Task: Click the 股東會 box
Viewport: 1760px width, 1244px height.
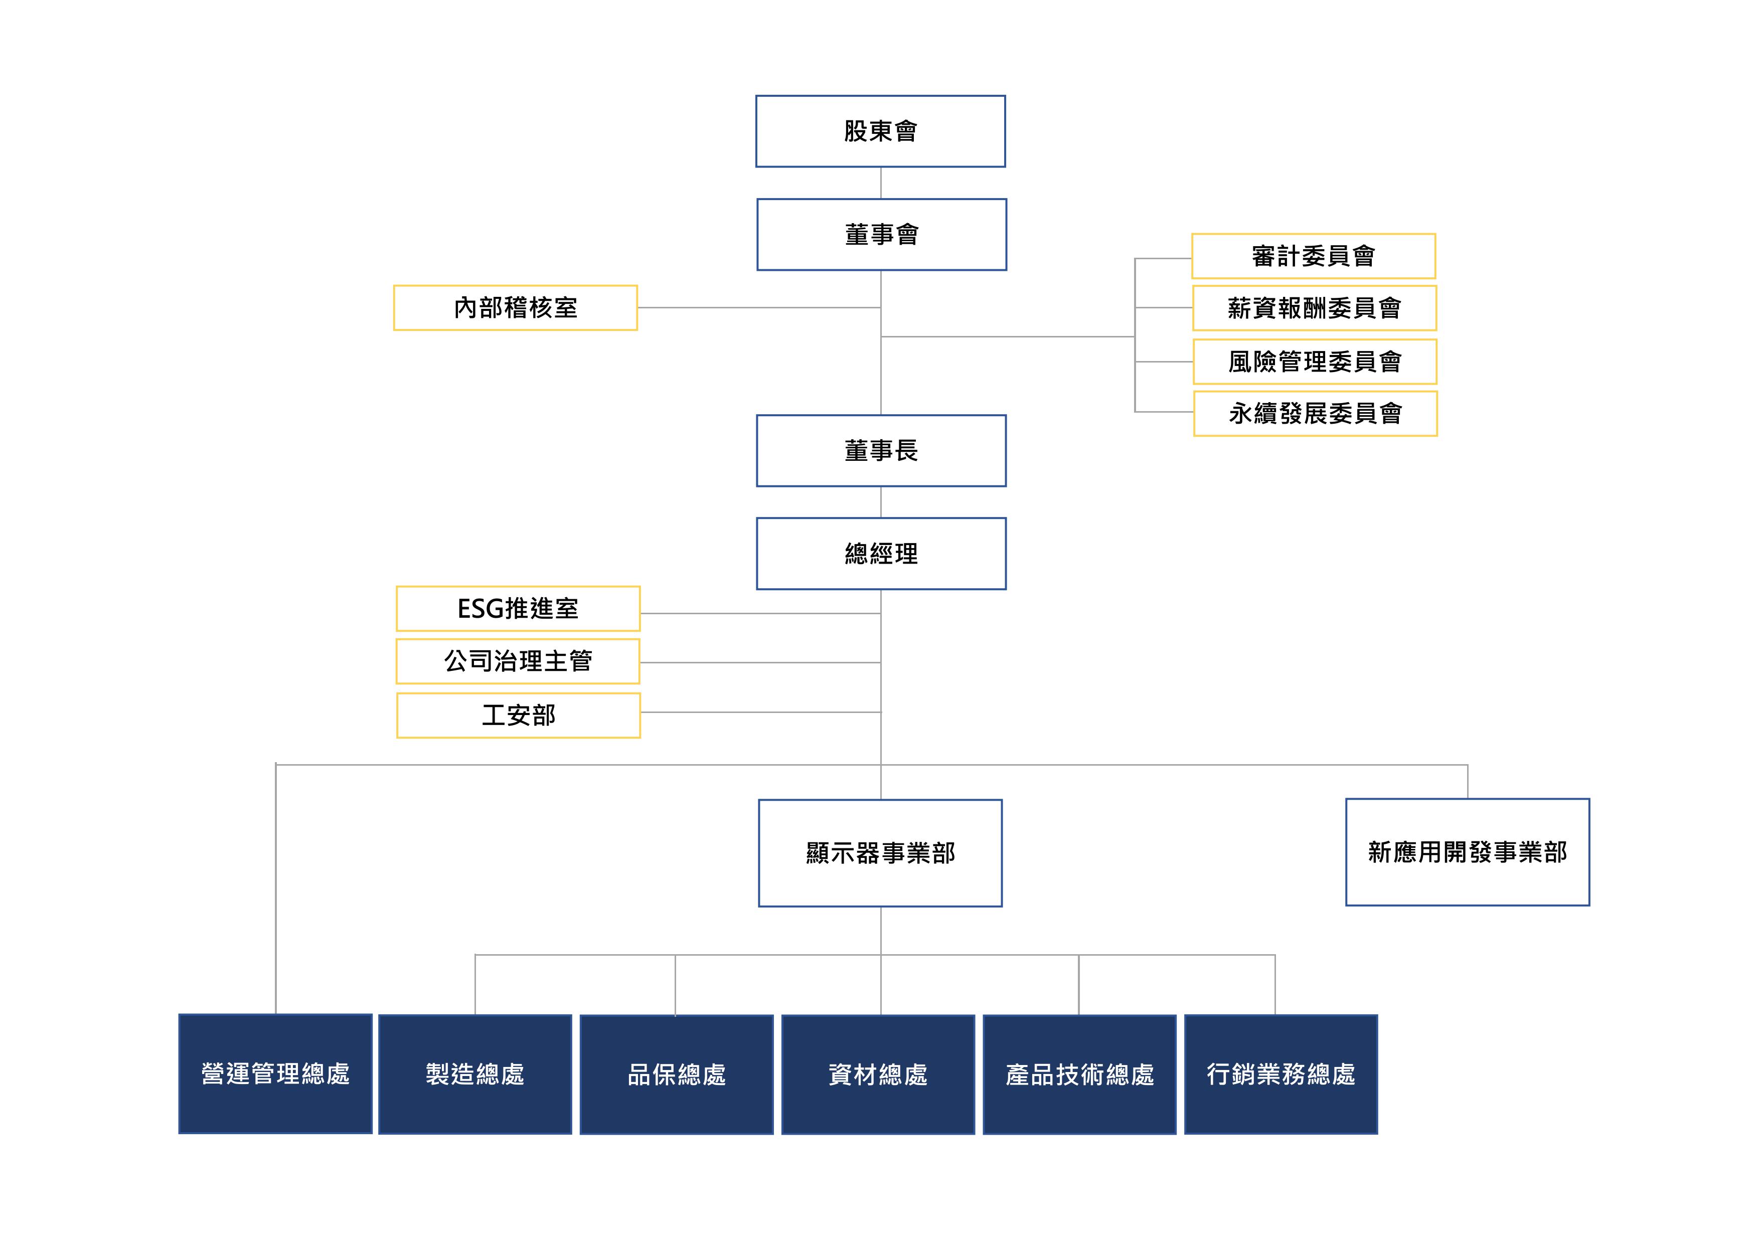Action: tap(880, 131)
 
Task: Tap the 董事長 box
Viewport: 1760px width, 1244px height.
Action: tap(881, 451)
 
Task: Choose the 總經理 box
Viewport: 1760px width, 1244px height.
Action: tap(881, 554)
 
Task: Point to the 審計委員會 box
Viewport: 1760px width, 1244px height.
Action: tap(1313, 256)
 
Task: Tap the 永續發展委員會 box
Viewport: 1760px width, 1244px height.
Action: tap(1315, 414)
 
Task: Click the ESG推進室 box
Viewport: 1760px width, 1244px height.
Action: tap(518, 609)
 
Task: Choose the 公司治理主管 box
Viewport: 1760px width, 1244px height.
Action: tap(518, 661)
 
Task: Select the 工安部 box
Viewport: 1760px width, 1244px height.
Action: tap(518, 715)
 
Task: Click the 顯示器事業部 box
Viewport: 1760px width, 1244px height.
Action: tap(880, 853)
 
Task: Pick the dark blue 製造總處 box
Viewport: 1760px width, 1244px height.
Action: tap(475, 1074)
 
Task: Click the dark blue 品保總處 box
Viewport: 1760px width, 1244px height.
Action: tap(676, 1075)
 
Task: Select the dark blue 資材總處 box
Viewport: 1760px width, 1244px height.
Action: tap(878, 1075)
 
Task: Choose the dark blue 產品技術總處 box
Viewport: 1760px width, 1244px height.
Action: tap(1079, 1075)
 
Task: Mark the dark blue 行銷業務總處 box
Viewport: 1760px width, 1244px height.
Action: tap(1281, 1074)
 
